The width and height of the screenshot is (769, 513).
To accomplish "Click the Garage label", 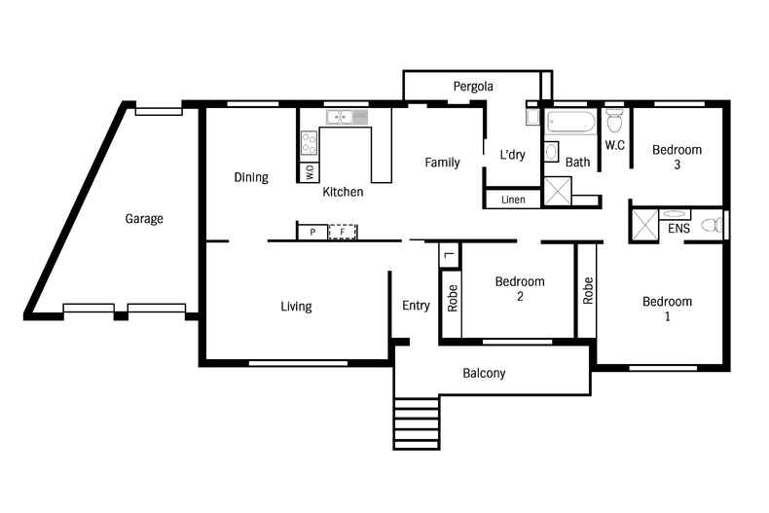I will [x=143, y=219].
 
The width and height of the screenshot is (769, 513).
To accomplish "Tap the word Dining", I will [x=251, y=177].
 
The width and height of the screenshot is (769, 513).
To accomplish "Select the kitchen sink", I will [x=346, y=118].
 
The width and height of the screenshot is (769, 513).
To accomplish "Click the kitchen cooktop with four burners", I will [x=310, y=143].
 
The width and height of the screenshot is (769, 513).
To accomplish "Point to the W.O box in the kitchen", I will [x=310, y=172].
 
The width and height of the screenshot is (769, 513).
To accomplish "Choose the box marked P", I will [x=311, y=232].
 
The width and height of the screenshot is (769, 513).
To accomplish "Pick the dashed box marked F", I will [x=342, y=232].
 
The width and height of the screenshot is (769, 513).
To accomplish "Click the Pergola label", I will [x=473, y=87].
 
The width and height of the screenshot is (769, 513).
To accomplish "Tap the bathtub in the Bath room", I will [x=570, y=123].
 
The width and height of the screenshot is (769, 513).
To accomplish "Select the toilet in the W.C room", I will [x=614, y=124].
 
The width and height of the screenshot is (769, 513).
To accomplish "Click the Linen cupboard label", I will [x=513, y=200].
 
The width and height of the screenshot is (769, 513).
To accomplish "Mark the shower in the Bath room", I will [x=558, y=191].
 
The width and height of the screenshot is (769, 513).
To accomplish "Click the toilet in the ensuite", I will [x=714, y=226].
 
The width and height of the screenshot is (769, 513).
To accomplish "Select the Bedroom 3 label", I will [x=677, y=157].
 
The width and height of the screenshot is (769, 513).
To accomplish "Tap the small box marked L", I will [x=448, y=255].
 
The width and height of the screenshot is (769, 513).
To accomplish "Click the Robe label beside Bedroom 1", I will [x=587, y=291].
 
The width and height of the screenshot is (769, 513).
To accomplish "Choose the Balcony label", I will [x=484, y=373].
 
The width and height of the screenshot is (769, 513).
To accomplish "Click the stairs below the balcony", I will [x=416, y=422].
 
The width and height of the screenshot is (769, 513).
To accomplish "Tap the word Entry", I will [x=416, y=306].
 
